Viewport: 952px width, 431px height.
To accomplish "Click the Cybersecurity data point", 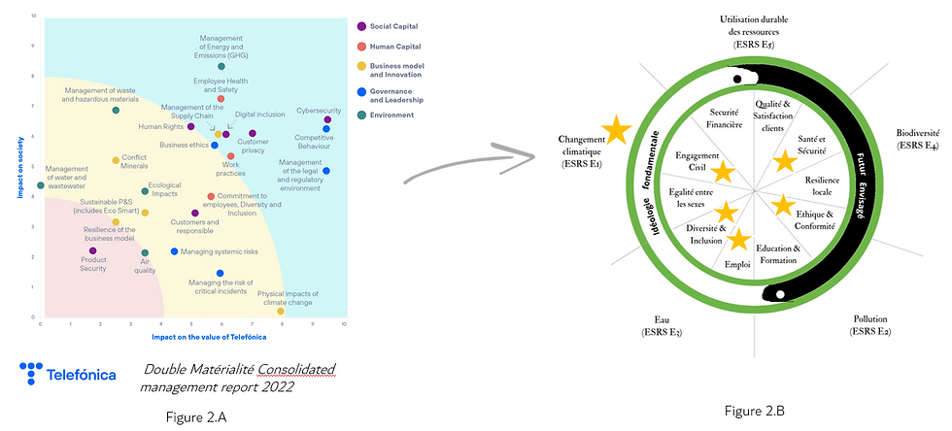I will tap(327, 120).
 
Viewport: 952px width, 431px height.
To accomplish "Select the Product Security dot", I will tap(92, 250).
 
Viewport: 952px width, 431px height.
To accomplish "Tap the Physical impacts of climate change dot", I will tap(281, 312).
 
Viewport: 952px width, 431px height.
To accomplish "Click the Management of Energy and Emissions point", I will tap(221, 67).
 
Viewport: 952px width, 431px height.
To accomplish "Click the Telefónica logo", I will tap(68, 374).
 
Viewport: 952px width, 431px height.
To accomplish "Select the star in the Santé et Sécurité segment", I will tap(784, 162).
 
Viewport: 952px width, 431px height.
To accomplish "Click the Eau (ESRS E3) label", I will tap(662, 326).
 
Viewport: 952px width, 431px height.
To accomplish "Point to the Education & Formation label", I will tap(777, 253).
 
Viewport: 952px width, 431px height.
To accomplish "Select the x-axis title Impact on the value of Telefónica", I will tap(209, 336).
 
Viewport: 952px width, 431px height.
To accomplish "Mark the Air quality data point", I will tap(145, 253).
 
